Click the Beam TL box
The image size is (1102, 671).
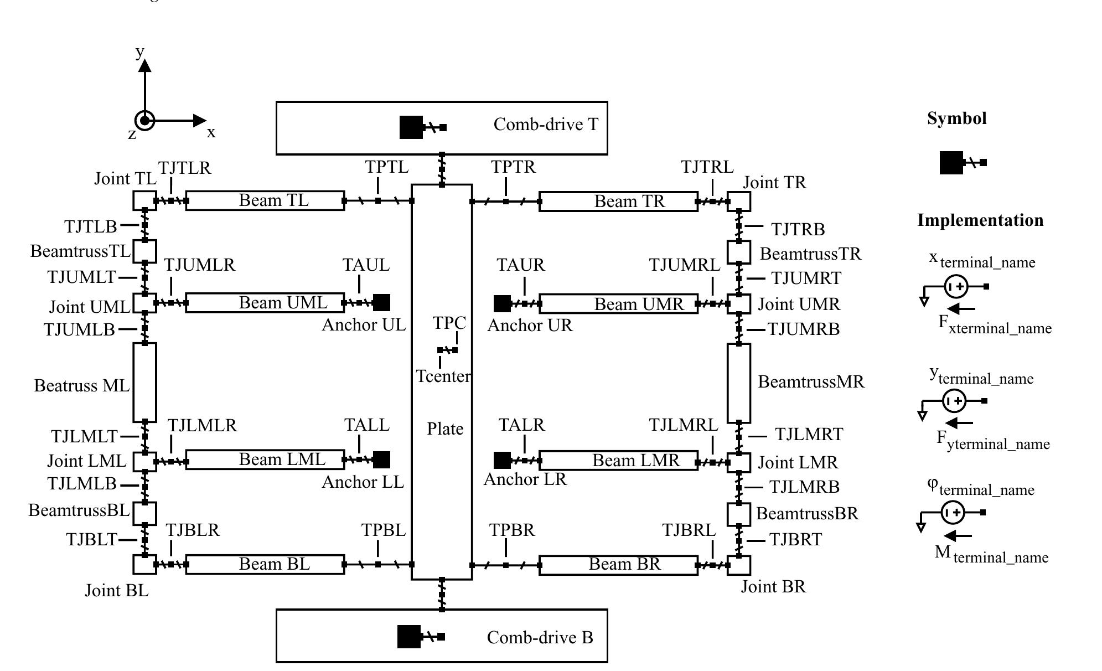point(265,200)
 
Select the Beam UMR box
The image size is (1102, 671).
point(618,304)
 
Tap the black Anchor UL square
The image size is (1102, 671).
point(381,302)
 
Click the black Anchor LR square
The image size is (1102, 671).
point(502,460)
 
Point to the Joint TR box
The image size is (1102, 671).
point(739,202)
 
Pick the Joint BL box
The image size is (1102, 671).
point(145,564)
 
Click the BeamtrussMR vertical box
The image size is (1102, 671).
point(739,383)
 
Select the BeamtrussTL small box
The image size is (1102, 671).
point(145,251)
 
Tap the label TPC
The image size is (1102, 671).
point(449,323)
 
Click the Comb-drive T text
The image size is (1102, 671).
point(546,125)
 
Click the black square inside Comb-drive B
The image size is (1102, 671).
point(409,637)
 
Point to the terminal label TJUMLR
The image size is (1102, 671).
point(199,265)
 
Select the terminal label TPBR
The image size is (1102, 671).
point(512,530)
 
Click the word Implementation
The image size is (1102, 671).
point(980,220)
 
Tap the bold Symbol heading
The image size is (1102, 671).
point(956,118)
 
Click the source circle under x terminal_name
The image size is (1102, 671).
point(956,287)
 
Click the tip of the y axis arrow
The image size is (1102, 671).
point(145,62)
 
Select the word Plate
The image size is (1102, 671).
point(445,429)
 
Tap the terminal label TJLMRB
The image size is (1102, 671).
point(804,487)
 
